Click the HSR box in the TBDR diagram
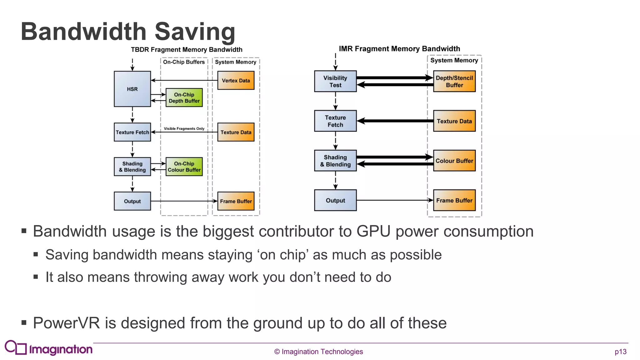click(132, 89)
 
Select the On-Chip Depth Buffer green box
click(184, 97)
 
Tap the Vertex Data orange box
click(236, 80)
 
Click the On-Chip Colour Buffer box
click(184, 167)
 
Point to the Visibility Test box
click(335, 81)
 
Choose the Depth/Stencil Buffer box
click(454, 81)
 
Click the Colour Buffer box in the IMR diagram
click(454, 161)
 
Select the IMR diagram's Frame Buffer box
click(454, 200)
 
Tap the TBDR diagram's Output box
click(132, 201)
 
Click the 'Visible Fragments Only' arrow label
click(184, 128)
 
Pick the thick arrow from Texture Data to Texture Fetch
click(395, 121)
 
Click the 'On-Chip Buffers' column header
click(184, 62)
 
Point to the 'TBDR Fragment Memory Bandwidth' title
click(187, 50)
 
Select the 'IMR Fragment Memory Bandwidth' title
click(399, 49)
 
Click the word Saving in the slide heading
click(195, 32)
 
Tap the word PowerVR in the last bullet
click(66, 323)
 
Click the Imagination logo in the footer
click(49, 348)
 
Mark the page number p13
click(620, 352)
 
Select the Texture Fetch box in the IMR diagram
click(335, 121)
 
